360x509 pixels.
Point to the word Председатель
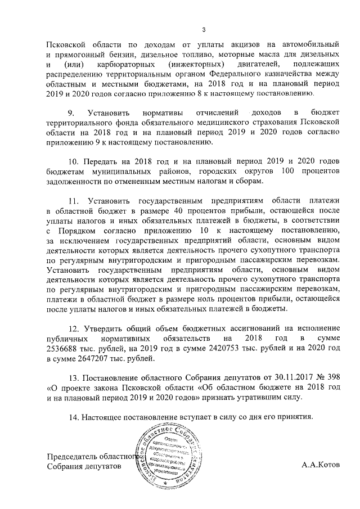(x=75, y=456)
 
